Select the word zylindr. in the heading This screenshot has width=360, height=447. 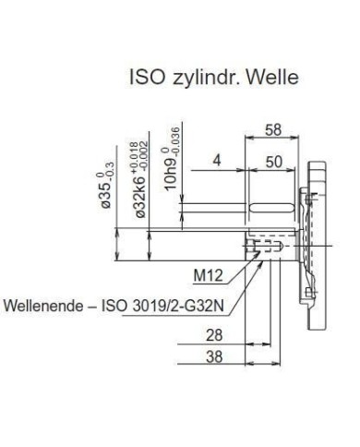click(207, 79)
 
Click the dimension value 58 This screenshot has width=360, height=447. click(273, 129)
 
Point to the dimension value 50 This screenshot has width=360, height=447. click(273, 162)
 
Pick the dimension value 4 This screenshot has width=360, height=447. click(217, 161)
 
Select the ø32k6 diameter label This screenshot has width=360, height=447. click(140, 197)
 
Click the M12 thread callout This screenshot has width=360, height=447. click(208, 275)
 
